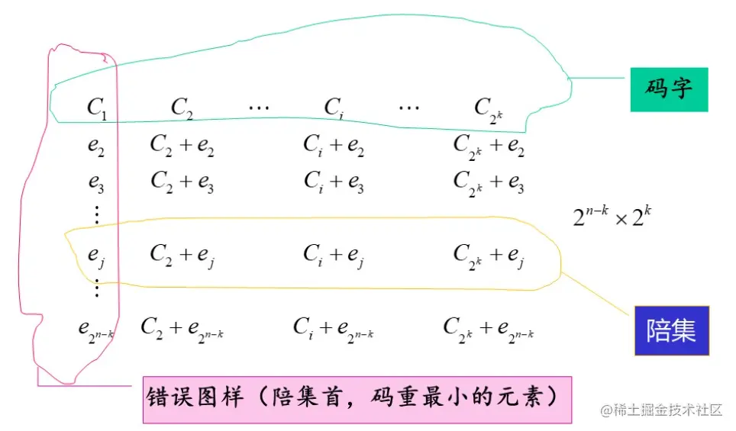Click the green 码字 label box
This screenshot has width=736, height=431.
(x=669, y=89)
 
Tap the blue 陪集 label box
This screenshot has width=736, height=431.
(x=671, y=331)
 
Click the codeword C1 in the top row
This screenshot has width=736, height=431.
(x=97, y=108)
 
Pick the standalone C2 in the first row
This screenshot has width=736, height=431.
(x=182, y=108)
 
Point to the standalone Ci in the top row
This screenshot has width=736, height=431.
(x=332, y=108)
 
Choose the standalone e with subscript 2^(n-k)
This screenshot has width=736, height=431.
(x=96, y=329)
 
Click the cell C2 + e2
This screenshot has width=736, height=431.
(x=182, y=145)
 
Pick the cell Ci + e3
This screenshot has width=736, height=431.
(x=334, y=182)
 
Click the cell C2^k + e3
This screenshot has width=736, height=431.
(x=489, y=182)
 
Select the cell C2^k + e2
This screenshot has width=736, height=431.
(x=489, y=145)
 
